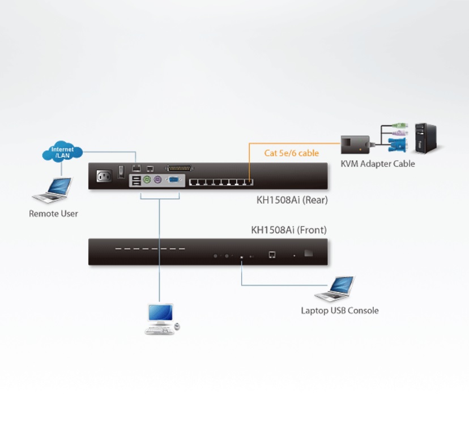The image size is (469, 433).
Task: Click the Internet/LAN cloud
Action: pos(62,152)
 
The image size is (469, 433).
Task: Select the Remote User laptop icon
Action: pos(53,190)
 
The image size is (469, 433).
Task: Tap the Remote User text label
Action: pos(53,213)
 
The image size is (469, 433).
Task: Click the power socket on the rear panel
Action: pos(104,176)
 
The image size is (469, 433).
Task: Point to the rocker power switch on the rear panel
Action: pos(121,172)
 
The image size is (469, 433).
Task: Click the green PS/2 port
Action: pos(146,179)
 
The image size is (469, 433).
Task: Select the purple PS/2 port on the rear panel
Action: pos(157,179)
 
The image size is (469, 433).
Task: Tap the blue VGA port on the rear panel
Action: pos(174,179)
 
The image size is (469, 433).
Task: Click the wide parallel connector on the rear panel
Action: pos(179,168)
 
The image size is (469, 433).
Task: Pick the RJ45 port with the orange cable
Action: pos(249,182)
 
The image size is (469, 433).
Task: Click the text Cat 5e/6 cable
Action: pos(291,153)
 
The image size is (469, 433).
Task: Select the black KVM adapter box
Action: pos(355,145)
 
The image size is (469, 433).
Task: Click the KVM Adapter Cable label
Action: pos(378,164)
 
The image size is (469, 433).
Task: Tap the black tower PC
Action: pos(426,138)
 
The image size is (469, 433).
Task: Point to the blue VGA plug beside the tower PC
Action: pos(397,145)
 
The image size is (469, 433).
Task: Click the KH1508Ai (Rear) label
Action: pos(292,200)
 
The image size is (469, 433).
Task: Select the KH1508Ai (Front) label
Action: pos(289,230)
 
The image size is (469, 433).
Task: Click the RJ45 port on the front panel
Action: pos(272,255)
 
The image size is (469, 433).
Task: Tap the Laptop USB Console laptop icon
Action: pos(334,289)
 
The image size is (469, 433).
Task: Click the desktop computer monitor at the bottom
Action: pos(161,312)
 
